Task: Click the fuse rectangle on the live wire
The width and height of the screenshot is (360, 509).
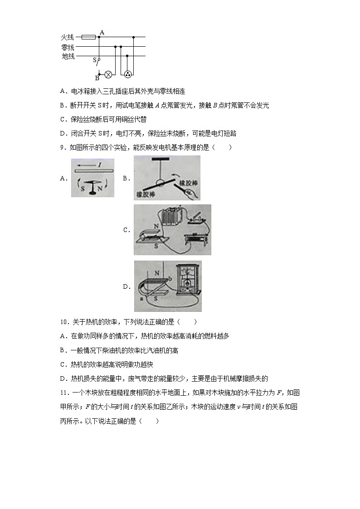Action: point(88,37)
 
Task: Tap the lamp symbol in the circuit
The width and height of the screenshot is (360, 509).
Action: point(108,74)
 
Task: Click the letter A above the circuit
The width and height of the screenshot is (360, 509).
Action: point(102,32)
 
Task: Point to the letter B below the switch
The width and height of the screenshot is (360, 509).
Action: point(97,78)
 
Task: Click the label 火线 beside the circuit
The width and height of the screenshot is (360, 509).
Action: point(68,37)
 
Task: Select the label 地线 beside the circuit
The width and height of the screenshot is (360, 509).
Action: point(68,56)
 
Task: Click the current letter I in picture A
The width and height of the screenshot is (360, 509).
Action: point(99,165)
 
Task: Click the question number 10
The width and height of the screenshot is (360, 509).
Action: point(64,322)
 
